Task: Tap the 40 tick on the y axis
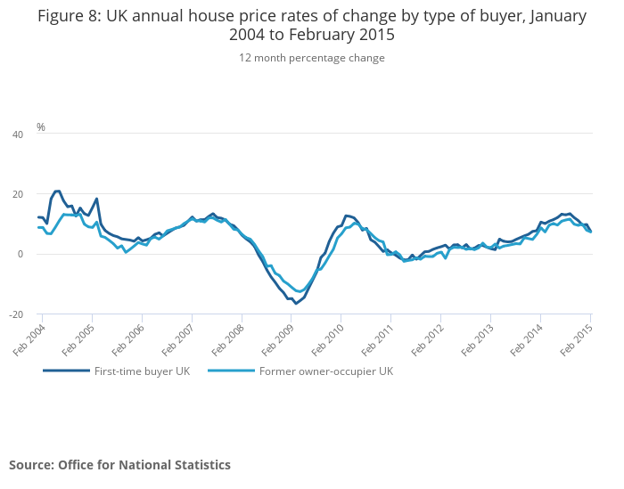(x=18, y=134)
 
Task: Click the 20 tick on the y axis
(x=18, y=194)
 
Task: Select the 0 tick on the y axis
(x=21, y=255)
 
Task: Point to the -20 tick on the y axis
(x=16, y=314)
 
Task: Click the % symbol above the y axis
(x=41, y=127)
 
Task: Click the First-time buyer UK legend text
(x=142, y=371)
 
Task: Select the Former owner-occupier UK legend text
(x=325, y=371)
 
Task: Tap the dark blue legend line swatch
(x=66, y=371)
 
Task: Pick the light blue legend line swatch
(x=231, y=371)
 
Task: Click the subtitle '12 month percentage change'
(x=312, y=58)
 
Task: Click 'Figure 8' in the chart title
(x=70, y=16)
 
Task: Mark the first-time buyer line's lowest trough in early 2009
(x=296, y=304)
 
